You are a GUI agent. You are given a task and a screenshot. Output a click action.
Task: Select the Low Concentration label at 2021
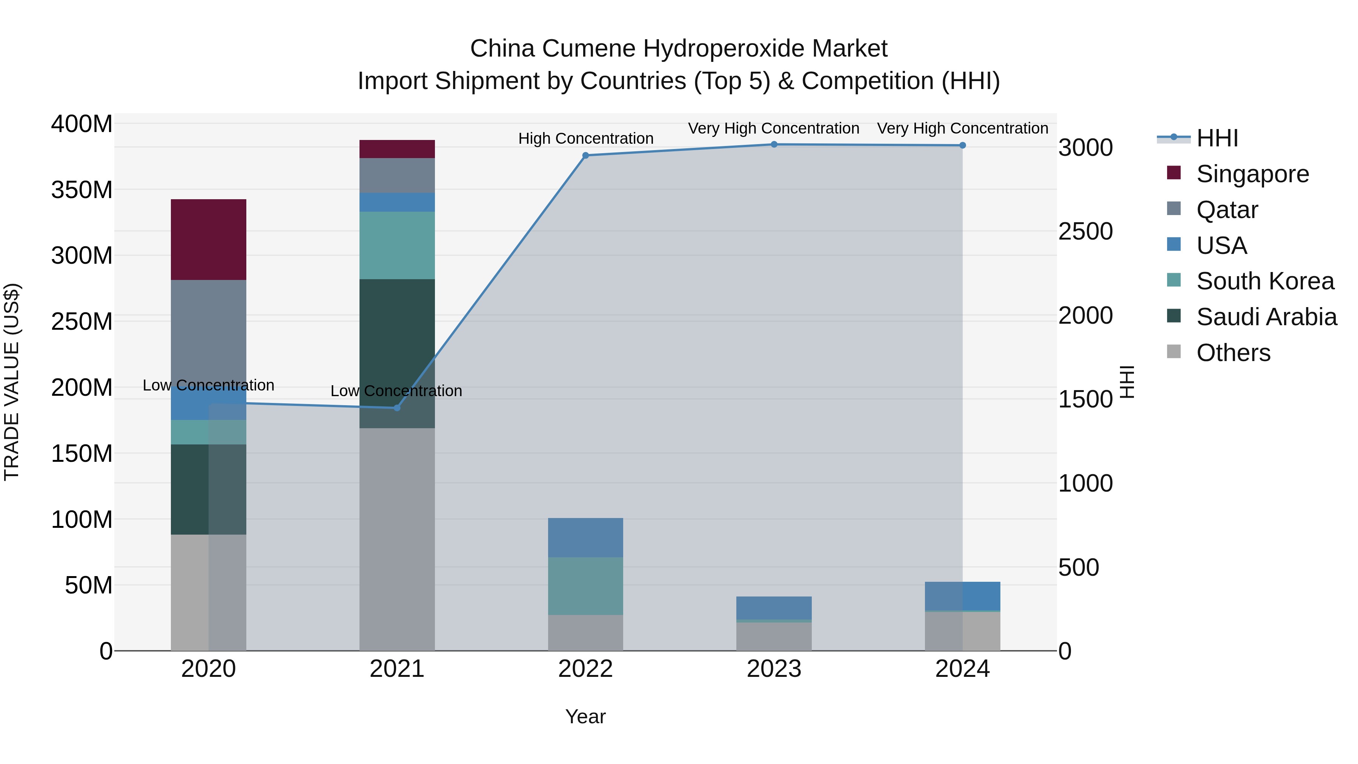[396, 391]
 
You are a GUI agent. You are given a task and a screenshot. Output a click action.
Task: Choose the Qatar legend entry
[1227, 210]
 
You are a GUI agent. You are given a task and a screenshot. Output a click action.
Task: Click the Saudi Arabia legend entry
[1266, 317]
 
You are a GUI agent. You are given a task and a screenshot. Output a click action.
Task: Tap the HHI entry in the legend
[1217, 138]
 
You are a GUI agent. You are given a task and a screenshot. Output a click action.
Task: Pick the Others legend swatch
[1174, 352]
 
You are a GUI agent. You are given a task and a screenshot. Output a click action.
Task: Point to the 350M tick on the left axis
[82, 190]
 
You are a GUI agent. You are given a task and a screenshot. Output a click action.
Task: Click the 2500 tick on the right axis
[1085, 232]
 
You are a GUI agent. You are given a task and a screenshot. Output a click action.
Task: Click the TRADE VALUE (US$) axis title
[12, 382]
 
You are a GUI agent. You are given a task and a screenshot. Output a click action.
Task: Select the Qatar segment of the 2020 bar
[208, 332]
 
